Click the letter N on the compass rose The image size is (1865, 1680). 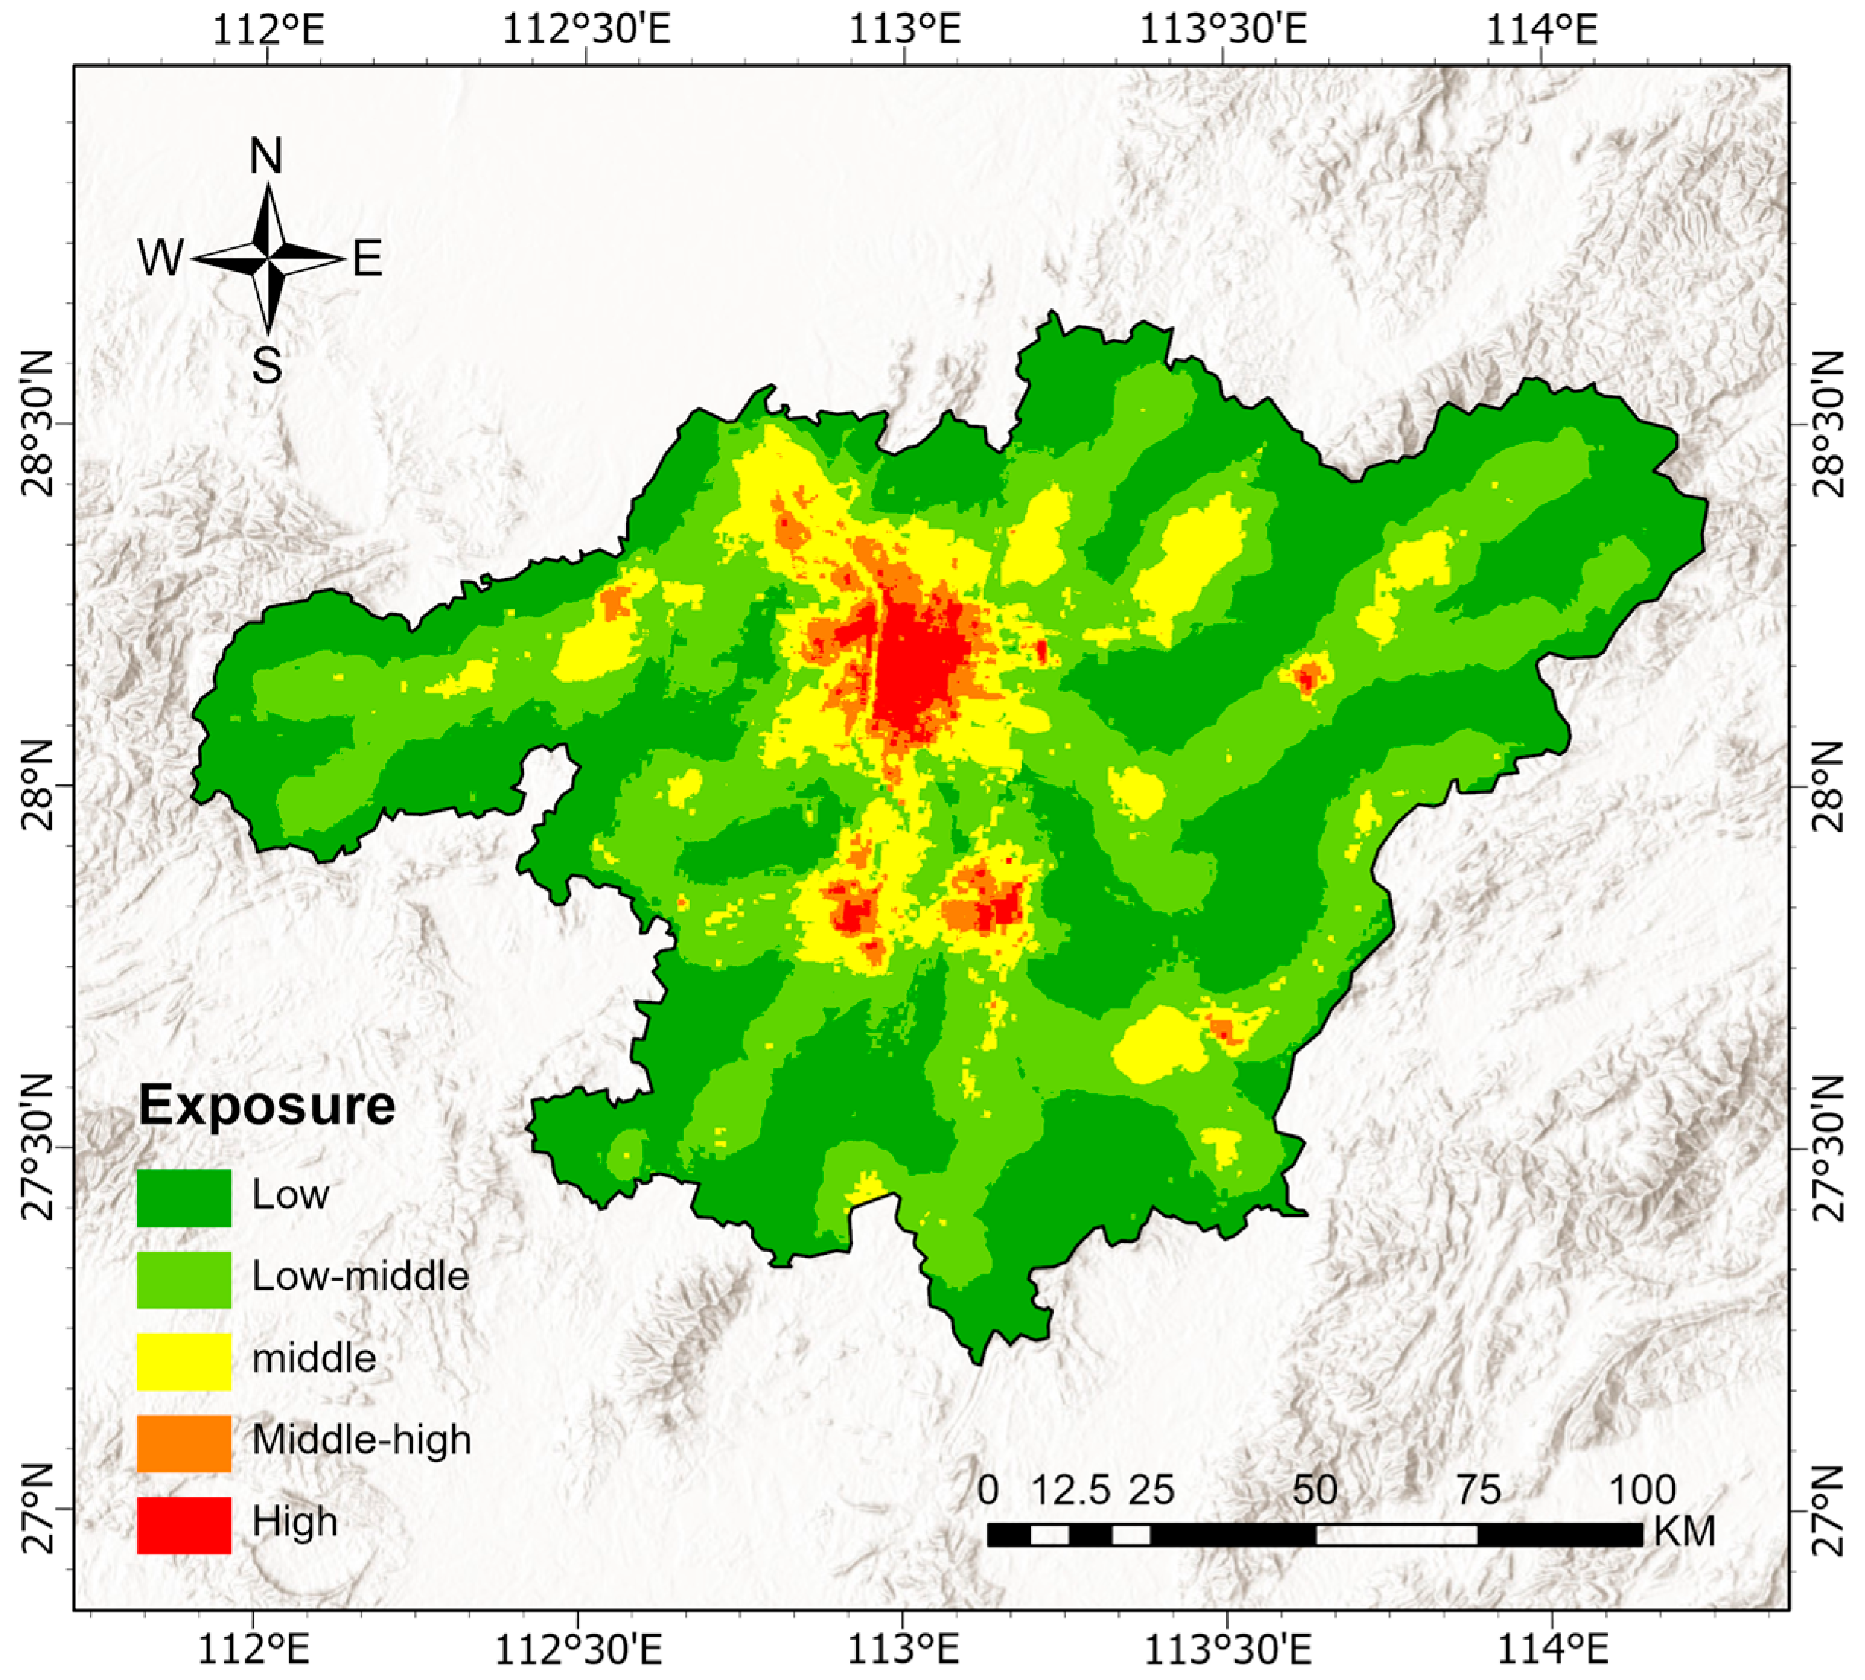click(266, 157)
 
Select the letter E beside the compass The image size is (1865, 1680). click(367, 259)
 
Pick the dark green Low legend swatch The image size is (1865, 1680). click(183, 1198)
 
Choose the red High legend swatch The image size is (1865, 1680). click(183, 1525)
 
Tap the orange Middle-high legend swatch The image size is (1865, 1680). click(183, 1443)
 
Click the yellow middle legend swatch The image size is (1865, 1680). click(183, 1361)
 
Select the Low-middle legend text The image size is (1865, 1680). click(360, 1277)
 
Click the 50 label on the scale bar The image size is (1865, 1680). click(1315, 1489)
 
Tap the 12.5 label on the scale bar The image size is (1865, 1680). click(1070, 1489)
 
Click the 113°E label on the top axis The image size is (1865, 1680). click(905, 30)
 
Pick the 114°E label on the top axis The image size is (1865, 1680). click(1540, 30)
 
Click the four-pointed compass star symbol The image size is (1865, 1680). click(268, 259)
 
